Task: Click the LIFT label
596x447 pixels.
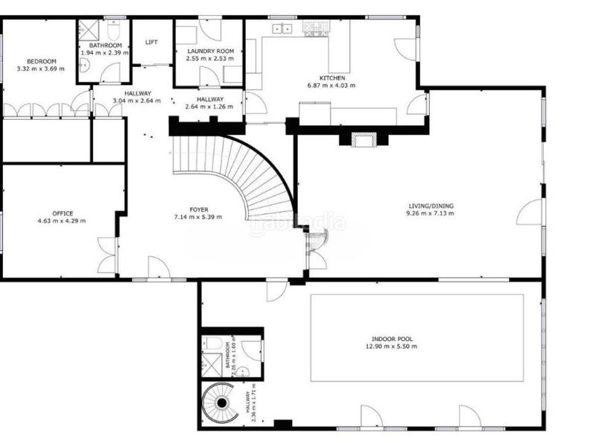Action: [x=152, y=42]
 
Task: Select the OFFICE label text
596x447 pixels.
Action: [x=63, y=213]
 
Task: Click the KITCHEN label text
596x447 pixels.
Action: [x=332, y=77]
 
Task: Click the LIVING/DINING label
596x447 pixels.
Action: [x=431, y=206]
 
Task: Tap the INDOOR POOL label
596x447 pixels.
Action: [x=390, y=339]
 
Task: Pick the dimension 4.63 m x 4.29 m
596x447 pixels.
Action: [x=62, y=221]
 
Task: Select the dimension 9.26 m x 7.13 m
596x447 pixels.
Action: [x=431, y=214]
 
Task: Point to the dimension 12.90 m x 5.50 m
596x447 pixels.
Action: [x=390, y=346]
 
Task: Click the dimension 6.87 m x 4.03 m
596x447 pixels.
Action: [x=332, y=85]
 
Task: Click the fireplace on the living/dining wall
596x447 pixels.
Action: [x=364, y=139]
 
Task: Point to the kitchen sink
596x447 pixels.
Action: [x=283, y=29]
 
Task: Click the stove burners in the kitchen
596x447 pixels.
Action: [x=317, y=28]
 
